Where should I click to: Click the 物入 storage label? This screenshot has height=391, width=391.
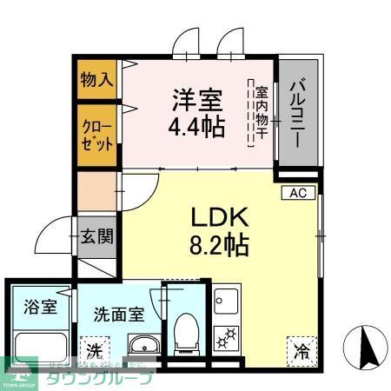97,80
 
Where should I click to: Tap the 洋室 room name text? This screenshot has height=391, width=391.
195,96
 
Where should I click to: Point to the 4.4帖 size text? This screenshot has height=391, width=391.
195,126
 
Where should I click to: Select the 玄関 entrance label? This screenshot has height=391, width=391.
96,237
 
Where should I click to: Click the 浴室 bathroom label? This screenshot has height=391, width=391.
39,306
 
